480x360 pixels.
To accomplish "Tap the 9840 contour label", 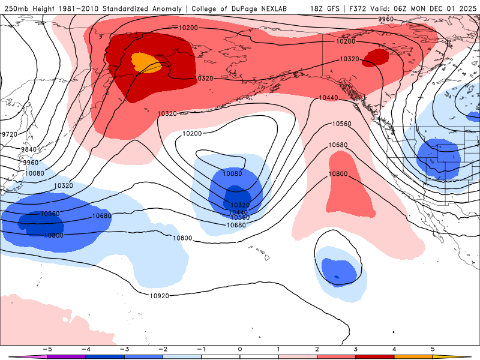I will (28, 149).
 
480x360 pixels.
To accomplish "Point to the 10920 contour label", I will (159, 296).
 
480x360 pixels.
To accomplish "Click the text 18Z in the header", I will (318, 8).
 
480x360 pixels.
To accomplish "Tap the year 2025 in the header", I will (465, 8).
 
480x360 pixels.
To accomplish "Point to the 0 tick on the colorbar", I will (239, 349).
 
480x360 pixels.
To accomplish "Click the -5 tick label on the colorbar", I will (46, 349).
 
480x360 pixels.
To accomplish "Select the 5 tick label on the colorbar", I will (433, 349).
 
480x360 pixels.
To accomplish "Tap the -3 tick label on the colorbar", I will (124, 349).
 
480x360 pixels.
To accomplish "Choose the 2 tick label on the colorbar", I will (317, 349).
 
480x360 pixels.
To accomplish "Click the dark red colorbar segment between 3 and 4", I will (375, 356).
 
